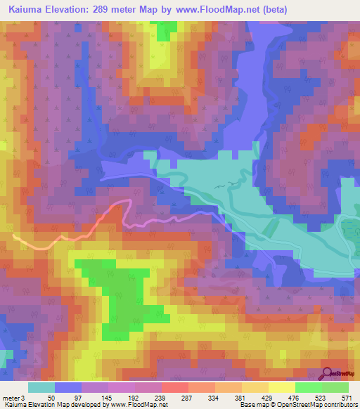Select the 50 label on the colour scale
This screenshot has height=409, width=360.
coord(51,397)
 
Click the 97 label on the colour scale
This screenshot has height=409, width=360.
coord(78,397)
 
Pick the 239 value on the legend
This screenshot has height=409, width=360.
coord(158,397)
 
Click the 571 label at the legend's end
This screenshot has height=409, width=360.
coord(345,397)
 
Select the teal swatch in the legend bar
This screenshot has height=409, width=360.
coord(41,387)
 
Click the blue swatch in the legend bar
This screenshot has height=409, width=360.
coord(67,387)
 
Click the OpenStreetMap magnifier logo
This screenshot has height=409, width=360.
coord(327,372)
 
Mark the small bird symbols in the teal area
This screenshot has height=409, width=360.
coord(224,186)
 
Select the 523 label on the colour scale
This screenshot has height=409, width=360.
coord(318,397)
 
